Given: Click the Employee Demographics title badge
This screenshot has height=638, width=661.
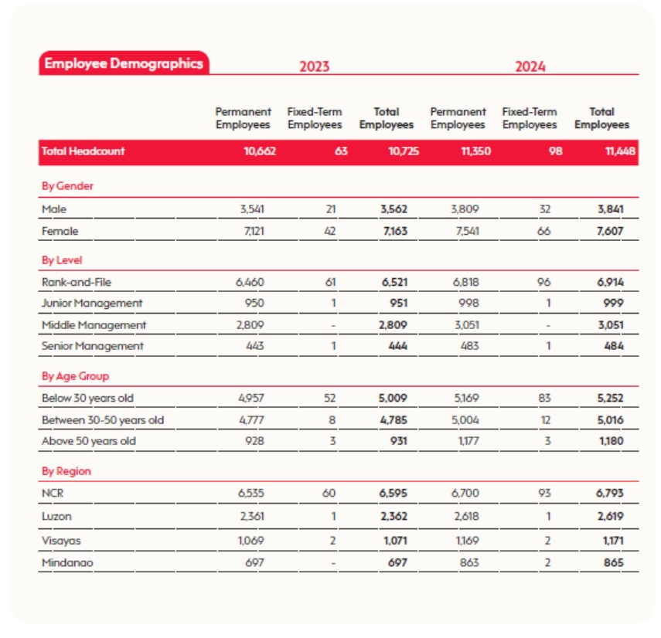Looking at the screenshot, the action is tap(124, 63).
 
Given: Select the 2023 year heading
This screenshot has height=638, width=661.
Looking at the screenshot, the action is tap(315, 66).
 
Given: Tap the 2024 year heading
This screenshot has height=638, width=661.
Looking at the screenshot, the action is tap(530, 66).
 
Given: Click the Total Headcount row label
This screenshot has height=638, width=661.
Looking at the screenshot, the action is tap(83, 151).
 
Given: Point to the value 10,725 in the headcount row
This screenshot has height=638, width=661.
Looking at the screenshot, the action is tap(404, 151).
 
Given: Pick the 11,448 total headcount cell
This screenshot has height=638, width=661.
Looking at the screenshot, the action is tap(620, 151).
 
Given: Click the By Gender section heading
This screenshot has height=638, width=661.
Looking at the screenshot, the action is tap(67, 186).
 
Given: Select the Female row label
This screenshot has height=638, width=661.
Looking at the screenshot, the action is tap(60, 231).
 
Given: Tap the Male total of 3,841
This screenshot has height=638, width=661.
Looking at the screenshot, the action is tap(611, 209).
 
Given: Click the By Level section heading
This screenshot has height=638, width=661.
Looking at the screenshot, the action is tap(62, 260).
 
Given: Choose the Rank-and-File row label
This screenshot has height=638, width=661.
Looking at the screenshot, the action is tap(77, 282).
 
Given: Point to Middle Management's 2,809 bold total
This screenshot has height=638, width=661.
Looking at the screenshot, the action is tap(393, 325).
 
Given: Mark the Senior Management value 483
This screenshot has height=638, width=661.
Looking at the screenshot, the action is tap(469, 346).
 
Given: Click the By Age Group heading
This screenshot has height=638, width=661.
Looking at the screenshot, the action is tap(76, 376).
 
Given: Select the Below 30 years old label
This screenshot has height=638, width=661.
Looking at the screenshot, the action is tap(87, 398).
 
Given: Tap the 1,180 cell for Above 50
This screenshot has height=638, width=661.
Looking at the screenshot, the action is tap(612, 441).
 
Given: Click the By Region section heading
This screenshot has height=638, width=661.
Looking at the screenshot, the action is tap(66, 471).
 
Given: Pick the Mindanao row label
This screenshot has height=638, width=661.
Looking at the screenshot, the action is tap(67, 563).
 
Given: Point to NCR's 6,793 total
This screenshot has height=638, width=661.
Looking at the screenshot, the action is tap(609, 493).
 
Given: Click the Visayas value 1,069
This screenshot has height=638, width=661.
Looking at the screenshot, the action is tap(250, 541).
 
